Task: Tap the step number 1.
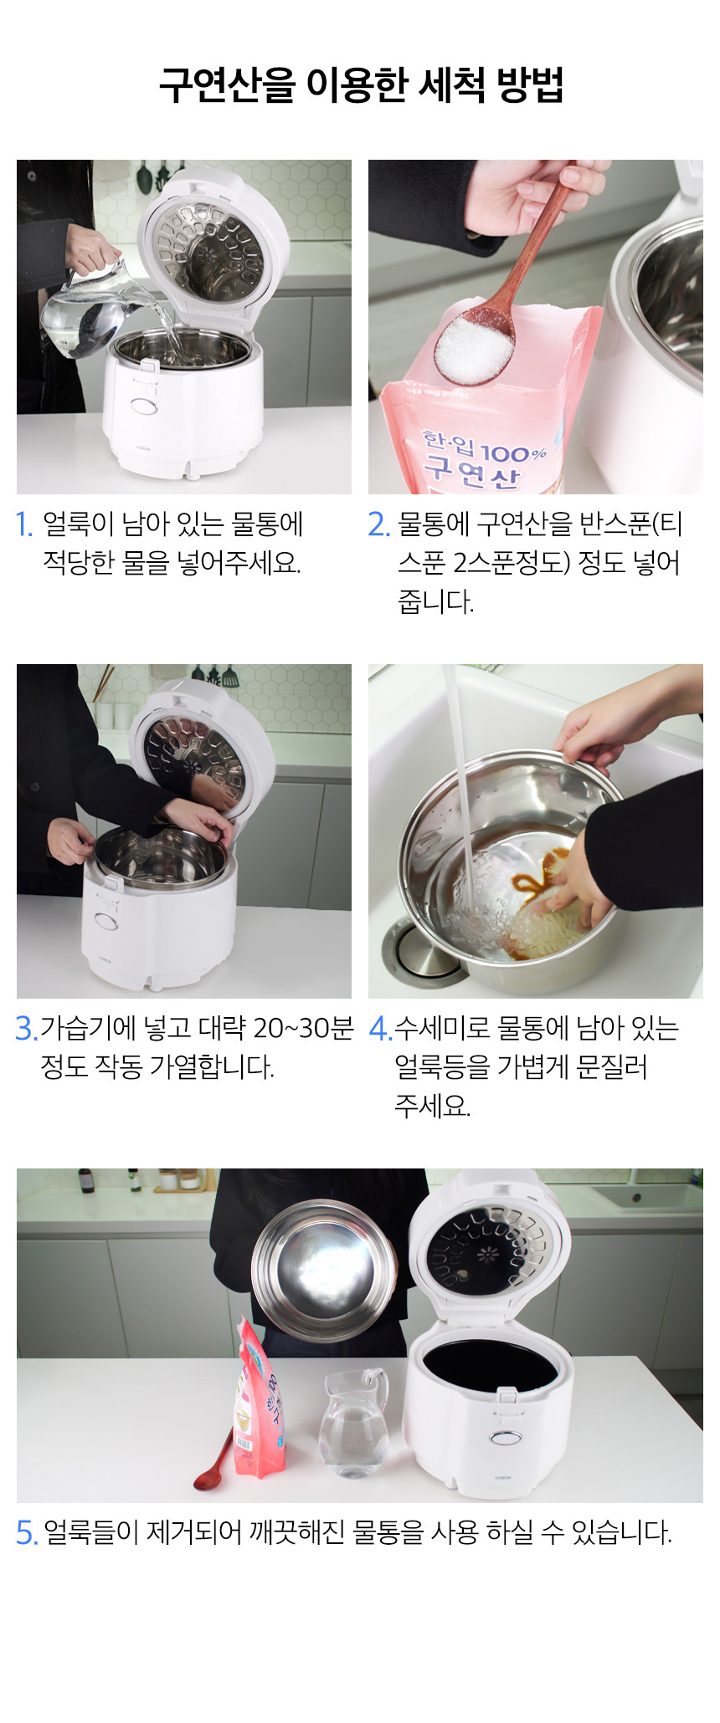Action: pyautogui.click(x=24, y=524)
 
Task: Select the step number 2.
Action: pyautogui.click(x=378, y=524)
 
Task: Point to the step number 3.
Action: pyautogui.click(x=26, y=1028)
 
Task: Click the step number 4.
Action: pyautogui.click(x=380, y=1028)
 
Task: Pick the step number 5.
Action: pyautogui.click(x=27, y=1532)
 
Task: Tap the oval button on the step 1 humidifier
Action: pyautogui.click(x=144, y=406)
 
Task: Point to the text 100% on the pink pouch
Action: pyautogui.click(x=513, y=452)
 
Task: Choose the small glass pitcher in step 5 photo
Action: pyautogui.click(x=354, y=1423)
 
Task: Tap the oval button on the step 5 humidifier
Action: pyautogui.click(x=503, y=1437)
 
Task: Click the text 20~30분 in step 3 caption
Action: pyautogui.click(x=303, y=1028)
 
